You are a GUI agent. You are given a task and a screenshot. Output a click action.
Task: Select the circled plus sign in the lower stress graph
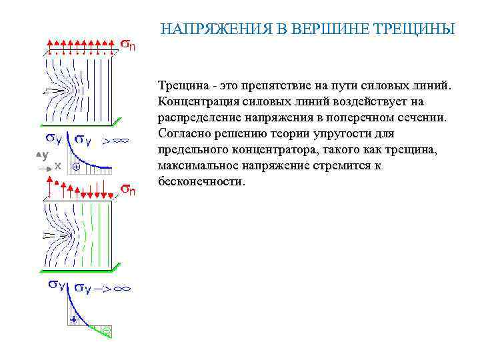74,321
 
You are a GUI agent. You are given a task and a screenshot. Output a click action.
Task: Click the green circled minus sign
106,330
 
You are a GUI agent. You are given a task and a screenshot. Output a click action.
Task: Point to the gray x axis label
58,165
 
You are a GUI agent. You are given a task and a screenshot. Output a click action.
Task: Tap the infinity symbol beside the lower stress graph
122,289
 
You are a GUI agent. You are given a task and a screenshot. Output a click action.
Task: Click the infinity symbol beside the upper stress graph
121,141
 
